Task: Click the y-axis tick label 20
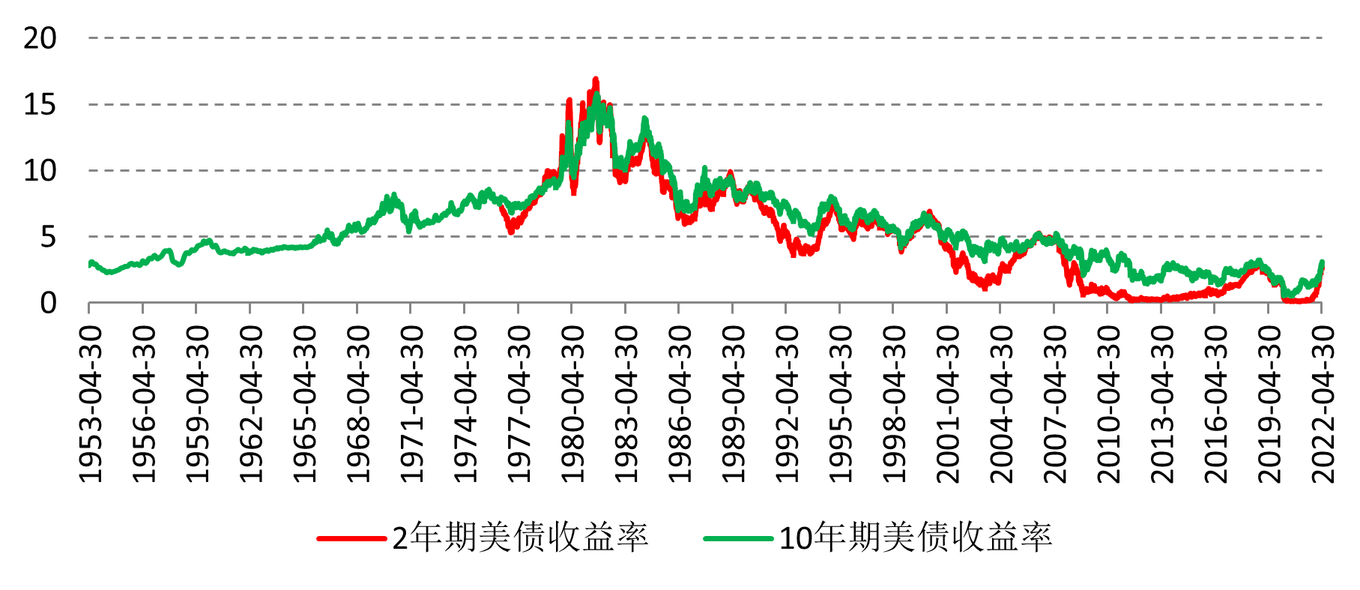pyautogui.click(x=40, y=38)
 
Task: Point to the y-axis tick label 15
pyautogui.click(x=40, y=105)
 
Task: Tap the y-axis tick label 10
pyautogui.click(x=40, y=171)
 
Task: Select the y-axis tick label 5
pyautogui.click(x=49, y=238)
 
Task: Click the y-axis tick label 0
pyautogui.click(x=49, y=304)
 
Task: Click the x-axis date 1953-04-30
pyautogui.click(x=90, y=404)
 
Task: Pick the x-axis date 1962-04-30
pyautogui.click(x=251, y=404)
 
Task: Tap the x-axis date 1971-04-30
pyautogui.click(x=411, y=404)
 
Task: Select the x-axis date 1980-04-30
pyautogui.click(x=572, y=404)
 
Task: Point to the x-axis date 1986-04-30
pyautogui.click(x=680, y=404)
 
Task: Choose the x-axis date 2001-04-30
pyautogui.click(x=948, y=404)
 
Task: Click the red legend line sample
pyautogui.click(x=351, y=538)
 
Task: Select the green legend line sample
pyautogui.click(x=738, y=538)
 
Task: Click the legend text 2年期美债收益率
pyautogui.click(x=520, y=538)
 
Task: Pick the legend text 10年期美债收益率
pyautogui.click(x=916, y=538)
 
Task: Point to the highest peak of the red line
pyautogui.click(x=596, y=79)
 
